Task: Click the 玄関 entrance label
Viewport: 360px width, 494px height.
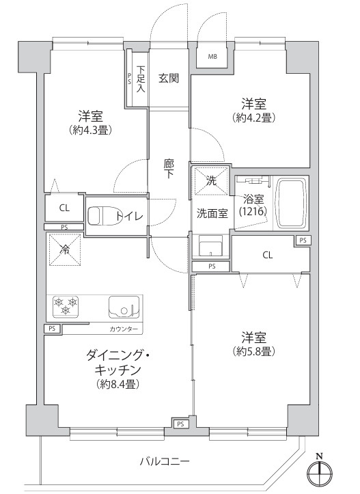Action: [x=169, y=78]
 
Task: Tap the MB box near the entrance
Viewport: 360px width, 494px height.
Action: [x=212, y=57]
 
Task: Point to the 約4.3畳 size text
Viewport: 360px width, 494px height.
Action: [x=90, y=129]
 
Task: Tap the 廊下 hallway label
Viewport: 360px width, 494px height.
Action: [x=169, y=169]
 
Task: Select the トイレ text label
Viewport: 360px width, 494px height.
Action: [x=129, y=217]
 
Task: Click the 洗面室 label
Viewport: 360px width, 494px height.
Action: [x=212, y=212]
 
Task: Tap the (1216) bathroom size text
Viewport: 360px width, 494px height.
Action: [x=252, y=212]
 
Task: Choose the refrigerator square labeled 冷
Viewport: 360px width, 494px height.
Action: [x=66, y=249]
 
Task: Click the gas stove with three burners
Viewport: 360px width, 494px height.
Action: [x=67, y=306]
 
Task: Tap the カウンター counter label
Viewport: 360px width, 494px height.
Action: [x=124, y=330]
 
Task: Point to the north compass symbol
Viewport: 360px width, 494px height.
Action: [x=318, y=471]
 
